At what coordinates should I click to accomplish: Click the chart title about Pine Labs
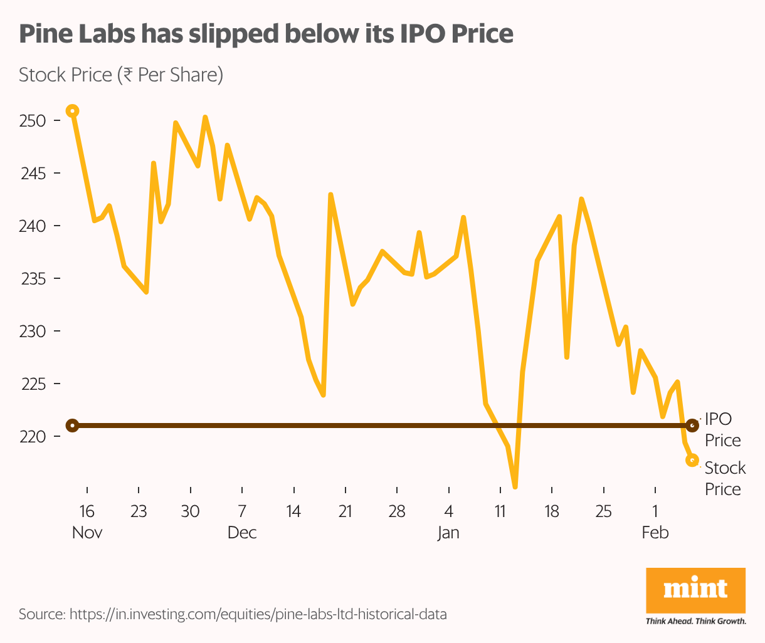(266, 34)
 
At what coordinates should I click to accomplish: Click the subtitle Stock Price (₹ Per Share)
(121, 75)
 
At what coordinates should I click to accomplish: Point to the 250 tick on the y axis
(33, 120)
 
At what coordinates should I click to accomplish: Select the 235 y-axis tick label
(33, 278)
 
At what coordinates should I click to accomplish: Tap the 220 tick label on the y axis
(33, 436)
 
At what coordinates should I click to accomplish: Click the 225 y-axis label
(33, 384)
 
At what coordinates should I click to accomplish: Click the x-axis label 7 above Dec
(242, 511)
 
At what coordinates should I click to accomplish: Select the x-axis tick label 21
(346, 511)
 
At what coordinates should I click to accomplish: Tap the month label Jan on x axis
(448, 533)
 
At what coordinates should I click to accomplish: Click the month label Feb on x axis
(655, 533)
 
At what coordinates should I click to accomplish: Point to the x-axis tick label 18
(552, 511)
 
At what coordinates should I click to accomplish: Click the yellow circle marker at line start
(73, 111)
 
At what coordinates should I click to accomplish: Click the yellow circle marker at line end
(692, 460)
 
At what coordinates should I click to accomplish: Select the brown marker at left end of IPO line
(73, 426)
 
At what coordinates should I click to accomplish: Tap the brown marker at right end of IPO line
(692, 426)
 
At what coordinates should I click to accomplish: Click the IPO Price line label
(722, 429)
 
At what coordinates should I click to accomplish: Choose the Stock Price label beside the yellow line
(725, 478)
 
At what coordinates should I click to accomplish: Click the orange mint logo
(695, 590)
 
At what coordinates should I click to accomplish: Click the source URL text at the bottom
(233, 614)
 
